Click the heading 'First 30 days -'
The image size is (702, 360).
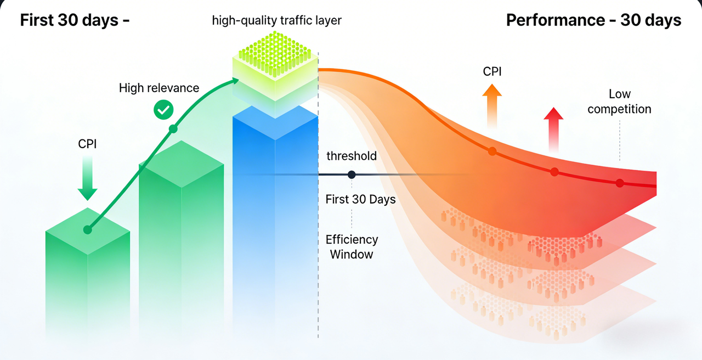pos(75,20)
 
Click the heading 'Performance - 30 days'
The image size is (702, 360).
pos(593,20)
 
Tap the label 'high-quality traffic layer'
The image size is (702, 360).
pos(276,21)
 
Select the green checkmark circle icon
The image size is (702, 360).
pos(163,110)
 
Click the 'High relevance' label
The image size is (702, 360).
pos(159,88)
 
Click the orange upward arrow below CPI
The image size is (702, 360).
pos(492,106)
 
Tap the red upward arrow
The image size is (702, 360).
pos(553,129)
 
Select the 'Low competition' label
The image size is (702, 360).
pos(619,102)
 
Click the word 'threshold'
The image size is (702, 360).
pos(352,156)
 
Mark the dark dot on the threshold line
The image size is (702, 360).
pos(352,175)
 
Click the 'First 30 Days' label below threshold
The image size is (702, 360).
pos(360,199)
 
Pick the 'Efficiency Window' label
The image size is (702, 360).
pos(352,247)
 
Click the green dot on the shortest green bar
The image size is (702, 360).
pos(87,230)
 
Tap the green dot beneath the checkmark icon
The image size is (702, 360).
pos(173,129)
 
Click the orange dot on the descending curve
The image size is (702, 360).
pos(492,151)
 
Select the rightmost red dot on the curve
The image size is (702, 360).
pos(620,183)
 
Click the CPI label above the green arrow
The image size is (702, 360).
pos(87,145)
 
